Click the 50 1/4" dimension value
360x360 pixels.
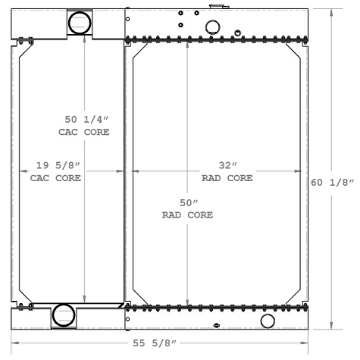tap(84, 120)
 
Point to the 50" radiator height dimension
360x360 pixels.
tap(187, 203)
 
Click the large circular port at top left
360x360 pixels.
tap(78, 23)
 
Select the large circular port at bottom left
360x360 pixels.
tap(63, 314)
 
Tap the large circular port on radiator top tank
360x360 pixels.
tap(214, 28)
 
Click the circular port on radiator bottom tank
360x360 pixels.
tap(268, 321)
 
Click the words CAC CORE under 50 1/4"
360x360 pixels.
tap(84, 132)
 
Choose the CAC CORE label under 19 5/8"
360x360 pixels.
tap(56, 179)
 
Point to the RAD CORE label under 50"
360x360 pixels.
tap(187, 215)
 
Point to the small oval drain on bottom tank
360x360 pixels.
tap(218, 327)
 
